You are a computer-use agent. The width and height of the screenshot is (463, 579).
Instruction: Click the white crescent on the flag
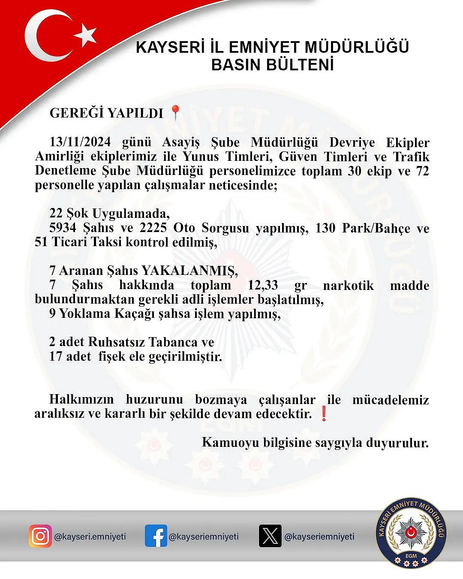(x=41, y=36)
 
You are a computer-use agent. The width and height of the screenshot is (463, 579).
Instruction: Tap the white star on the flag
(x=86, y=34)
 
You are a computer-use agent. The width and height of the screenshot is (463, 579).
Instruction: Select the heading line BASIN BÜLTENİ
(x=273, y=65)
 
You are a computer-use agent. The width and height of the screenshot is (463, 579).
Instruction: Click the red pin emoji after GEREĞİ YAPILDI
(x=175, y=112)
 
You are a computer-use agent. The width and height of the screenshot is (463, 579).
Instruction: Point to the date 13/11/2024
(x=80, y=142)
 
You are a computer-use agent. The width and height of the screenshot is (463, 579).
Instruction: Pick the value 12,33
(x=263, y=285)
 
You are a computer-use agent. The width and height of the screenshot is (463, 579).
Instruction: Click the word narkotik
(x=348, y=285)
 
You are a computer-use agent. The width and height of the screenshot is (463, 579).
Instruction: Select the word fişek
(x=112, y=356)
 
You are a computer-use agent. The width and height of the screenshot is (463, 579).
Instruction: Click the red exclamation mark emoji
(x=324, y=414)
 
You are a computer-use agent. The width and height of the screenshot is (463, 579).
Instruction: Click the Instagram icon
(x=40, y=536)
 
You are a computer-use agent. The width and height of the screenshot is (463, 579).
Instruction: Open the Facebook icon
(x=156, y=536)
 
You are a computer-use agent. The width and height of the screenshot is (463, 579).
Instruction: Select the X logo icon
(x=270, y=536)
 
